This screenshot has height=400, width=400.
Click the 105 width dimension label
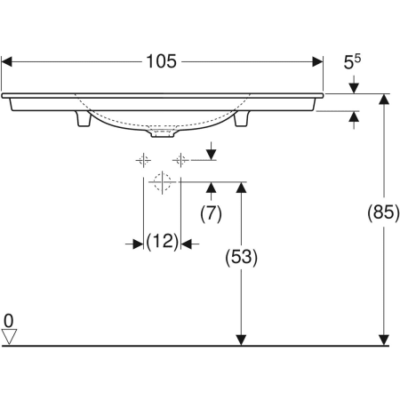pos(163,61)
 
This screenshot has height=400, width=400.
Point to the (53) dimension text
pos(240,258)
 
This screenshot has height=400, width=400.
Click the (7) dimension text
pos(211,213)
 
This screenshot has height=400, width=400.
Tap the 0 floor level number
pos(9,319)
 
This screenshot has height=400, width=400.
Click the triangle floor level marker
pos(10,336)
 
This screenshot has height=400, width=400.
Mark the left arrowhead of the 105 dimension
pos(8,61)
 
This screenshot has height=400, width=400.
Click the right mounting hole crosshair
pos(180,160)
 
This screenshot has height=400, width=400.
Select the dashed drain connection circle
pos(161,183)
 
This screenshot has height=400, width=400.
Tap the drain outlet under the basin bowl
pos(161,136)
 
